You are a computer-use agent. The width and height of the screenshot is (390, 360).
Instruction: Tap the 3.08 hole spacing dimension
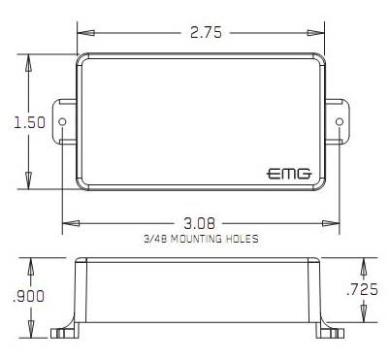(201, 221)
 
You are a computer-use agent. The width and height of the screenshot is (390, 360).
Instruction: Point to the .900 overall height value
(26, 297)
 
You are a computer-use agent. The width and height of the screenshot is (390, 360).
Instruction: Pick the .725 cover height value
(364, 288)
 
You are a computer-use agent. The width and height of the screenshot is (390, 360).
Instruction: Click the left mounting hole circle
(64, 123)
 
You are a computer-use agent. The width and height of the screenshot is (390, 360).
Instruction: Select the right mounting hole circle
(339, 123)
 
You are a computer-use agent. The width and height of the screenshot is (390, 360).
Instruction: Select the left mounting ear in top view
(67, 123)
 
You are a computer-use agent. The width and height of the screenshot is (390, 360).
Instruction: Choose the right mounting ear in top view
(336, 123)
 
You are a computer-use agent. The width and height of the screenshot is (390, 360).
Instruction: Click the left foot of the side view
(67, 333)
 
